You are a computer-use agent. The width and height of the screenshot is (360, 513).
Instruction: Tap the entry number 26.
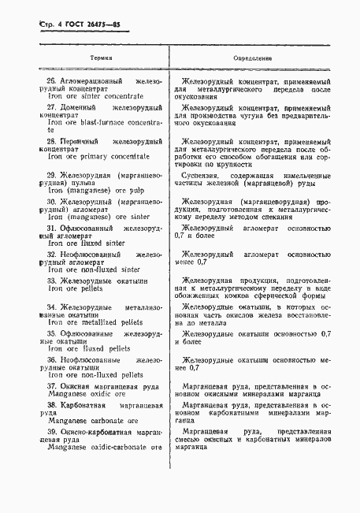coord(54,81)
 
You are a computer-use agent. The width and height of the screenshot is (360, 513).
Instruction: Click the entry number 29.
coord(54,175)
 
